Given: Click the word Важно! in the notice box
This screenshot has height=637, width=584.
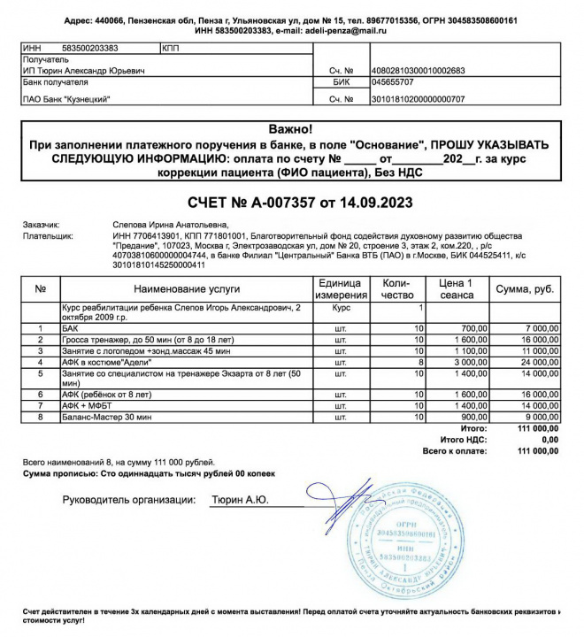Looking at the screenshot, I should click(291, 130).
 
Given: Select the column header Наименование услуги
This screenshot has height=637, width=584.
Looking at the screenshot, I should click(187, 289).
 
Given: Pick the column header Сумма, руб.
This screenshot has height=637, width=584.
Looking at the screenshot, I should click(525, 289).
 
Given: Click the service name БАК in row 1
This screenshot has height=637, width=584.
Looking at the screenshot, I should click(70, 327).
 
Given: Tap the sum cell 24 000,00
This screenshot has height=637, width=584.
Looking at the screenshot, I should click(536, 363).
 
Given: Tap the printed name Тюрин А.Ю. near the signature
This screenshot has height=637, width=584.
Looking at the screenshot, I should click(240, 500).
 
